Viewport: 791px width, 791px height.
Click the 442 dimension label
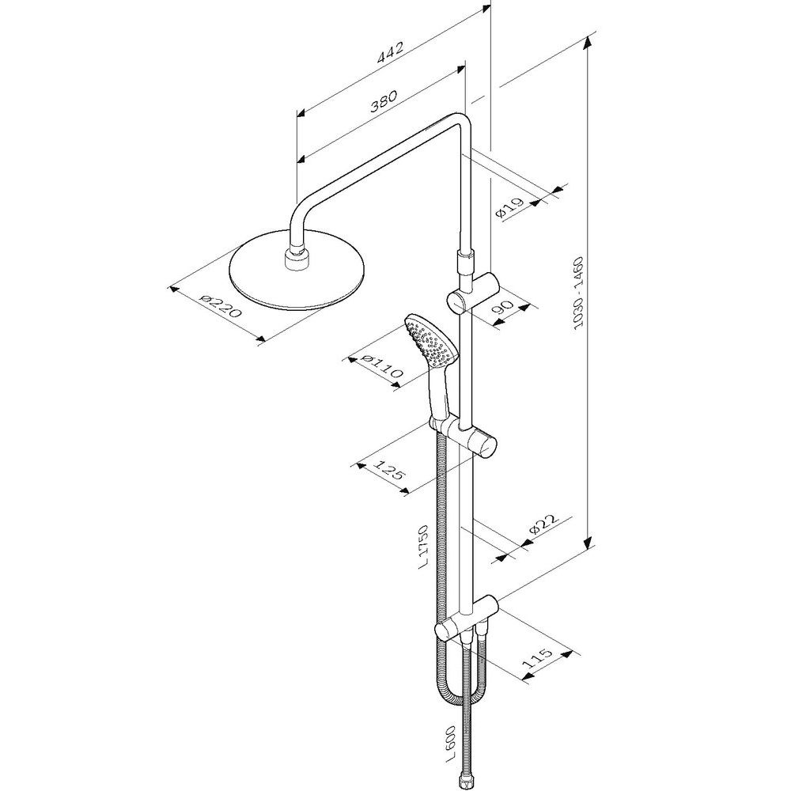click(391, 52)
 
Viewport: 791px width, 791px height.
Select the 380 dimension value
click(384, 102)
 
